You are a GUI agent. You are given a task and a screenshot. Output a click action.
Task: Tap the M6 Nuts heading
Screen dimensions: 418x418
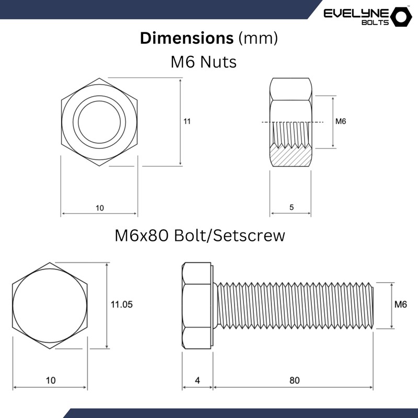pos(204,62)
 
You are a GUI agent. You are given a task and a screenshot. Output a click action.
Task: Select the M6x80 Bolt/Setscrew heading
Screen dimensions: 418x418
pos(200,236)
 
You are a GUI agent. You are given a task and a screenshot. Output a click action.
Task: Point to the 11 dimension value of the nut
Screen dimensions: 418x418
pos(187,121)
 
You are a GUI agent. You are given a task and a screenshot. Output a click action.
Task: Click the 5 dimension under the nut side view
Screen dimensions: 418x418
pos(291,207)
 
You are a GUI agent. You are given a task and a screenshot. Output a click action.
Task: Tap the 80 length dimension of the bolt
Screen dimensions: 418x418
pos(294,380)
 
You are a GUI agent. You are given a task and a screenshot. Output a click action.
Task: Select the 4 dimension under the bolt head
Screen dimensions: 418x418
pos(198,380)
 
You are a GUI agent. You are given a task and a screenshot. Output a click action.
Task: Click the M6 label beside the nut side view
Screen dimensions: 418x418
pos(341,121)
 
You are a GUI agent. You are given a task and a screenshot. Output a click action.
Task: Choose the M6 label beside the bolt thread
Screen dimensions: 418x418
pos(400,305)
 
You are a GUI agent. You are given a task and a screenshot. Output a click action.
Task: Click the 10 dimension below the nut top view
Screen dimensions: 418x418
pos(100,207)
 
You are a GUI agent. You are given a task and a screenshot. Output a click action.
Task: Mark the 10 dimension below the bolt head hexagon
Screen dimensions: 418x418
pos(51,380)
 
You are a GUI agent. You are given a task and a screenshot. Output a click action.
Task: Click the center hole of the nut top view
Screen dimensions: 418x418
pos(99,122)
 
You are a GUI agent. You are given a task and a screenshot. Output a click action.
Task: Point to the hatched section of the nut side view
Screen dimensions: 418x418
pos(291,155)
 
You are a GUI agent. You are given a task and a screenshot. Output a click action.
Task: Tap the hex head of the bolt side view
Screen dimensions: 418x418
pos(198,306)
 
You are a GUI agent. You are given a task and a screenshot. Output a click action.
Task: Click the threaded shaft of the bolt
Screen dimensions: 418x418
pos(294,306)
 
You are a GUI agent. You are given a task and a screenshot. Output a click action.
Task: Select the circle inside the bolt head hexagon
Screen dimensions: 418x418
pos(50,306)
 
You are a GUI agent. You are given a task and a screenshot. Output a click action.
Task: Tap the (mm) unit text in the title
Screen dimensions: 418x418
pos(257,38)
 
